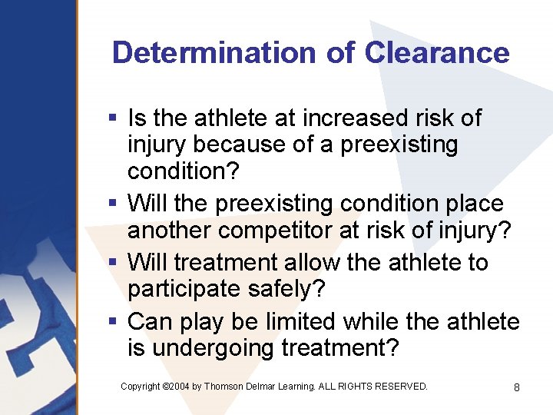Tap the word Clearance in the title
[437, 52]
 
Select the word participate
[187, 289]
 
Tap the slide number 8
[516, 387]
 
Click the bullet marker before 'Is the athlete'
[112, 118]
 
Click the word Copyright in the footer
[140, 386]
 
